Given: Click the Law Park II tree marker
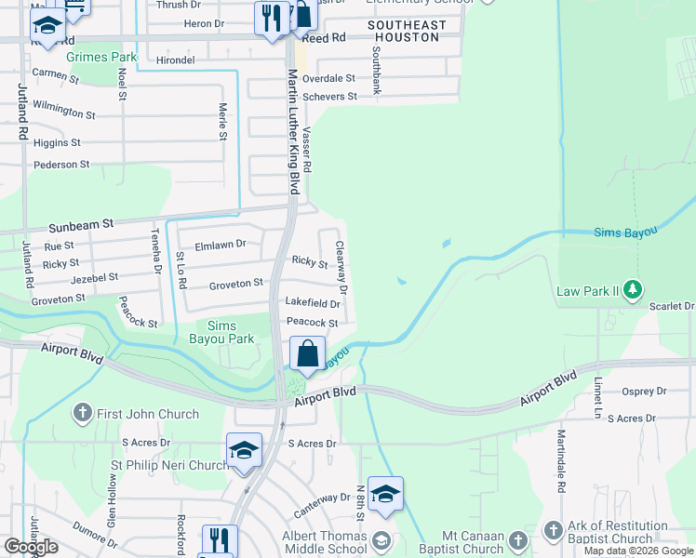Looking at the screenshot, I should pyautogui.click(x=633, y=290).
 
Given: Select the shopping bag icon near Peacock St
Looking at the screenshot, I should pyautogui.click(x=307, y=355).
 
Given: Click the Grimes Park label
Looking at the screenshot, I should pyautogui.click(x=101, y=57).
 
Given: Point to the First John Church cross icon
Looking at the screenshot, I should pyautogui.click(x=83, y=414).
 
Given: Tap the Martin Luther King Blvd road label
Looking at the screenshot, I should pyautogui.click(x=293, y=130).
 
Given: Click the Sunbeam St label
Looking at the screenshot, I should pyautogui.click(x=81, y=224).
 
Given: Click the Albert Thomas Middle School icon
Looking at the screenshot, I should pyautogui.click(x=380, y=540).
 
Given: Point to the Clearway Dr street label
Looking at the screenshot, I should pyautogui.click(x=341, y=268).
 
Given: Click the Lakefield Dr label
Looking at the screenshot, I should pyautogui.click(x=312, y=303).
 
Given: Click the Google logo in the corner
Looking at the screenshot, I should pyautogui.click(x=31, y=547).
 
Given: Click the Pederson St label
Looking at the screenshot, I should pyautogui.click(x=61, y=165).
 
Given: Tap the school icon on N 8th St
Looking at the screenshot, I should pyautogui.click(x=385, y=495).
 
